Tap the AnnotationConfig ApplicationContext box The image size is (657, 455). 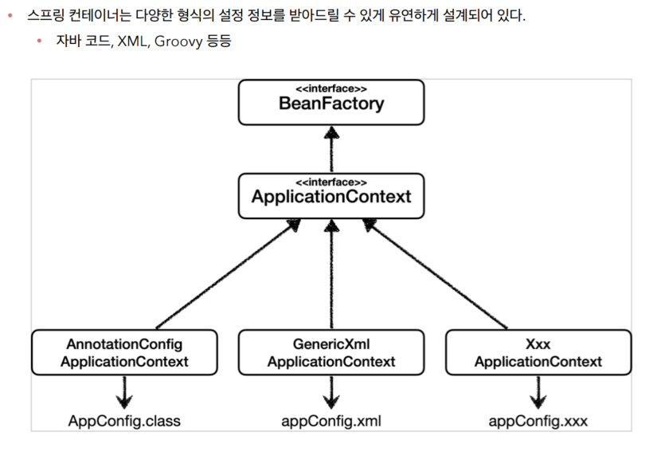(124, 353)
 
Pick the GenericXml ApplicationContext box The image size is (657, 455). (330, 353)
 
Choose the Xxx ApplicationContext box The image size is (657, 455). (538, 353)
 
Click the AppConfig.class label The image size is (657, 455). (124, 421)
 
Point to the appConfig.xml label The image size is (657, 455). (331, 421)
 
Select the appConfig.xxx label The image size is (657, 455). (538, 421)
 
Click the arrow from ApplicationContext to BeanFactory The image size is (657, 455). (330, 148)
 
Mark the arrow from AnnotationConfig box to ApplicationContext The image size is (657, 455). (227, 275)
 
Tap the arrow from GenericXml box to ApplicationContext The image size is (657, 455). (330, 275)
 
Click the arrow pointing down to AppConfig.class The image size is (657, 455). (124, 391)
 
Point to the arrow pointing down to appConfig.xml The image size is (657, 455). (330, 391)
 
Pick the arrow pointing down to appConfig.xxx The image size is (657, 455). (538, 391)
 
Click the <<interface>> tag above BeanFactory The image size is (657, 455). (330, 88)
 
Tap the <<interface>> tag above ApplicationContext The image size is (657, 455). (330, 182)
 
